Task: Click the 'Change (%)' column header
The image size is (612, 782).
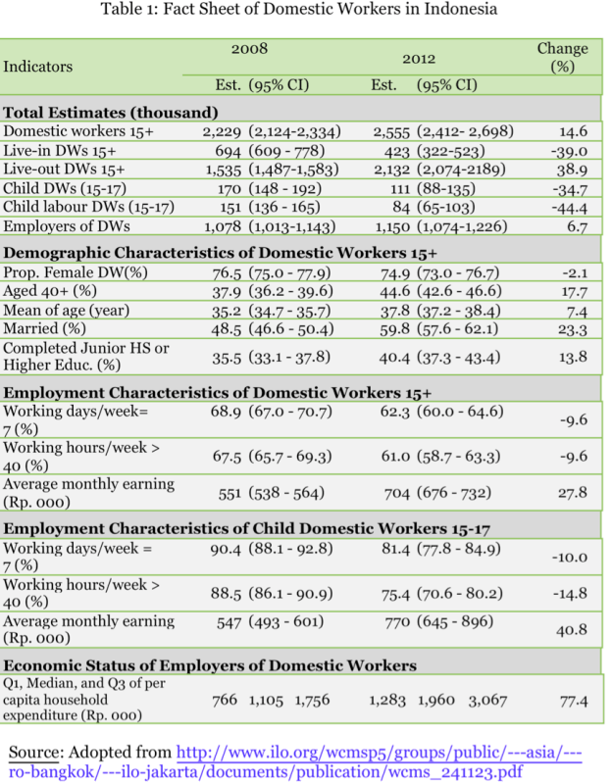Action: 562,58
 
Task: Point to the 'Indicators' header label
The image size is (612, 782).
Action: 38,67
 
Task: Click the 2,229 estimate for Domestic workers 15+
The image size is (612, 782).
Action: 222,131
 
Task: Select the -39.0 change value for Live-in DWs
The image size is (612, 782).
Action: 568,151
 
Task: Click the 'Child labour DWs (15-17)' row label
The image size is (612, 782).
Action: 88,207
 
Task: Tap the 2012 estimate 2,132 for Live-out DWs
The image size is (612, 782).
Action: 392,170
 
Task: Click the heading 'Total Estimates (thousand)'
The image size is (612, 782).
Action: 110,112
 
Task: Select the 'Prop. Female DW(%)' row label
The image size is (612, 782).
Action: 76,272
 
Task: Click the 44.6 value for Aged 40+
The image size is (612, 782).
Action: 395,291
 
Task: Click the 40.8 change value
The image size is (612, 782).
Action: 571,631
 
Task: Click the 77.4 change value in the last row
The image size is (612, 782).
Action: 573,701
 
